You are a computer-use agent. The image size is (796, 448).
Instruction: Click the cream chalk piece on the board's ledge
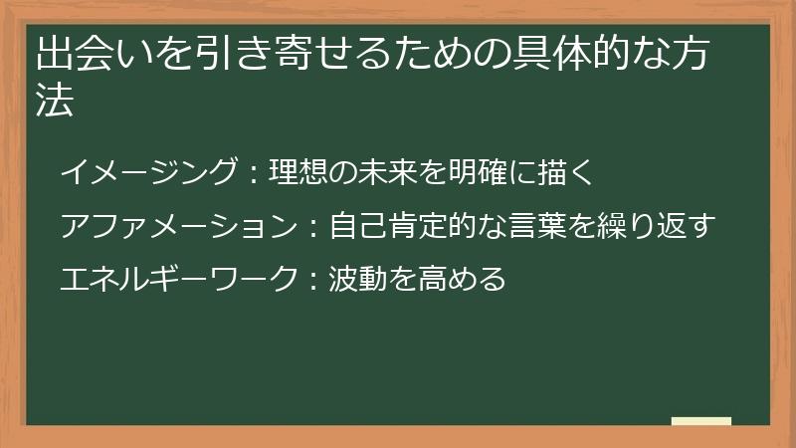pos(700,421)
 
